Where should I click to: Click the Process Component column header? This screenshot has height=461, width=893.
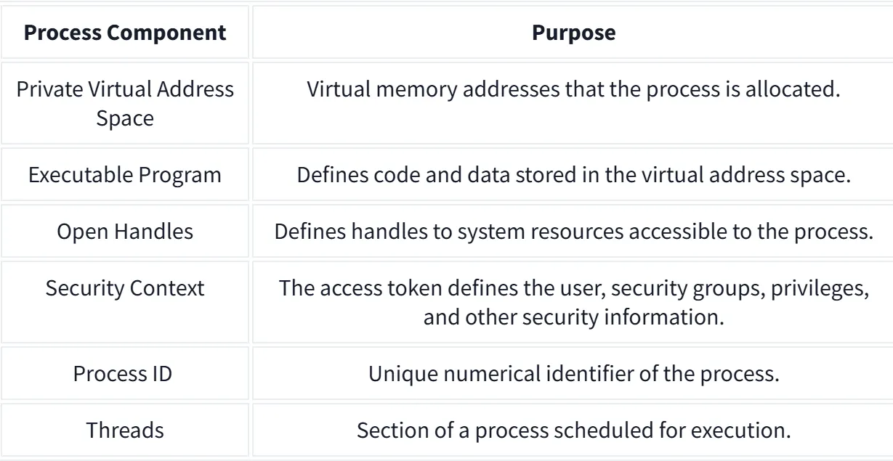click(125, 33)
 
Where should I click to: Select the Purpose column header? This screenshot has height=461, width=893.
click(573, 33)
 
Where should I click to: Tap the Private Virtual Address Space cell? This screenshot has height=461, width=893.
click(125, 103)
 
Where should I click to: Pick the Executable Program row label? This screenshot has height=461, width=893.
click(125, 176)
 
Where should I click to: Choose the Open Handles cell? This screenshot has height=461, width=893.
click(125, 232)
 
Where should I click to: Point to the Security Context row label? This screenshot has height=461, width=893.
click(125, 287)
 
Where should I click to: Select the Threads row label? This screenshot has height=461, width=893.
click(125, 430)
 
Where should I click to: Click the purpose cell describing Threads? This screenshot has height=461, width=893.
click(573, 430)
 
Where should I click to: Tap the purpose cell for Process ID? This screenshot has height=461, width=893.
click(573, 374)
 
